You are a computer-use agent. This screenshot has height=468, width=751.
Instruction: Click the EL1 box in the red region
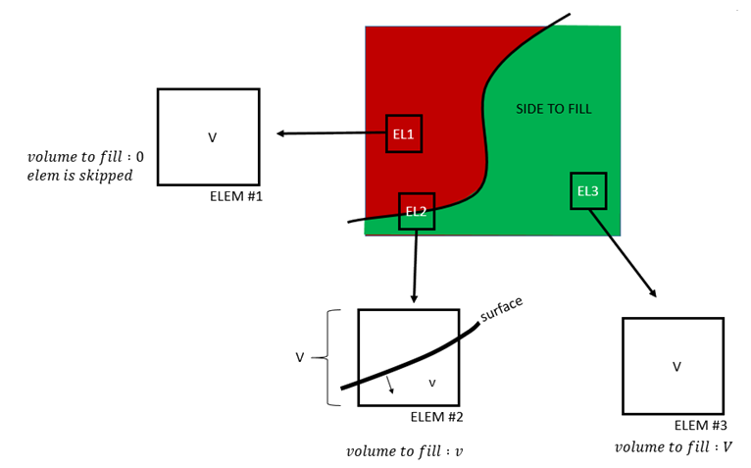tap(403, 133)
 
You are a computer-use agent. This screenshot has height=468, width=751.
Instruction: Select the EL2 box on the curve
tap(416, 211)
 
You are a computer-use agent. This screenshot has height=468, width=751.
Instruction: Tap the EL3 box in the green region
tap(587, 190)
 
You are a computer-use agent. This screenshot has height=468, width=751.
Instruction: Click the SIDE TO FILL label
tap(554, 109)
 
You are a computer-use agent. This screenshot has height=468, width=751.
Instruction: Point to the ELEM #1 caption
tap(236, 196)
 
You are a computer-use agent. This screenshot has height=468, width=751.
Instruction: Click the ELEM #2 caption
tap(436, 417)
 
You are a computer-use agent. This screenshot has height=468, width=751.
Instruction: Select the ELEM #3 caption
tap(700, 426)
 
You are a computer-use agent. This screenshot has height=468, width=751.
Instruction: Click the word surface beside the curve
tap(502, 308)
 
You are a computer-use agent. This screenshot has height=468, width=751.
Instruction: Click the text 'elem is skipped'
tap(79, 176)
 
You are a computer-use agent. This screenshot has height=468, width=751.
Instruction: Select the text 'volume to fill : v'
tap(404, 452)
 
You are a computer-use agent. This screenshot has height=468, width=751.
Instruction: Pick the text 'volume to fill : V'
tap(673, 447)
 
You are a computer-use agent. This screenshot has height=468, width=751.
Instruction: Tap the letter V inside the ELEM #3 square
tap(676, 367)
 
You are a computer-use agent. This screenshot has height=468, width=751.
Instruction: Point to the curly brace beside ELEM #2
tap(330, 358)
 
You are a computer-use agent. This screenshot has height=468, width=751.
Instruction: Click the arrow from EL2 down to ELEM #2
tap(416, 265)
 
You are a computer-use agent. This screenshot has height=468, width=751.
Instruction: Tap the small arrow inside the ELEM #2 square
tap(389, 384)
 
